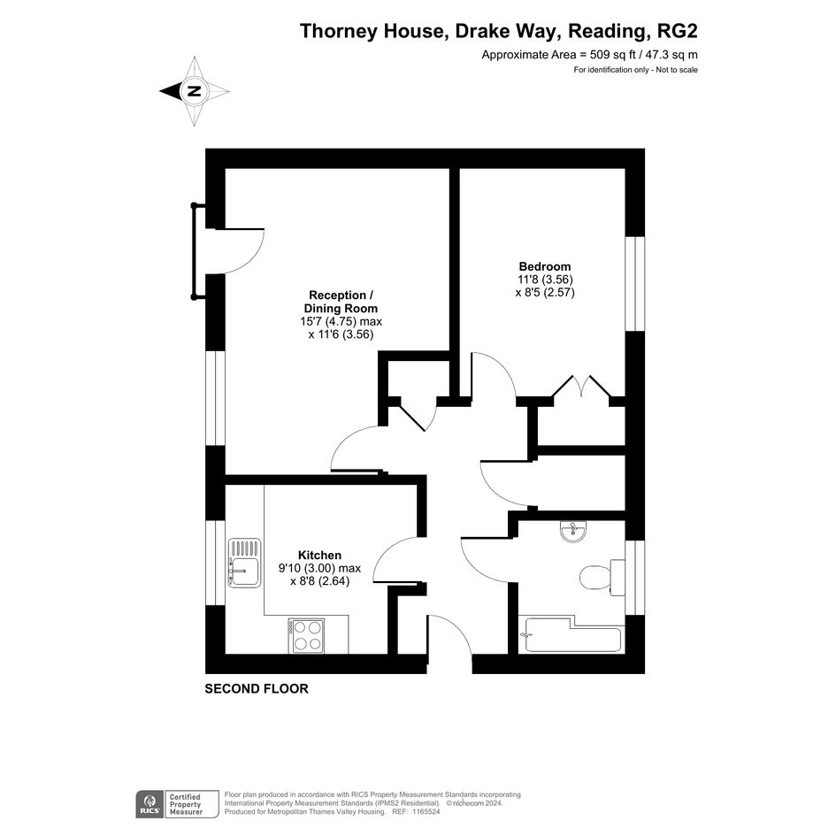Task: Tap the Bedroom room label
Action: pos(545,266)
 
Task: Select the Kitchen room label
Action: pos(319,555)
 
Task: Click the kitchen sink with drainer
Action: pos(245,563)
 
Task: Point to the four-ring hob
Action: pos(306,635)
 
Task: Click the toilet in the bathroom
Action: pos(602,578)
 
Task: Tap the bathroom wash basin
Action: pos(573,532)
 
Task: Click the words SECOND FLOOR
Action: pos(257,689)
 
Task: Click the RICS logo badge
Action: pos(150,804)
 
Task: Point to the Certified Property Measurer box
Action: pos(192,804)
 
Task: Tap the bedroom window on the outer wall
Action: pos(635,284)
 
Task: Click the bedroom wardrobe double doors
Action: pos(581,386)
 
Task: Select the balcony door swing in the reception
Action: pos(240,251)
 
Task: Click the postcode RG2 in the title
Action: pos(677,31)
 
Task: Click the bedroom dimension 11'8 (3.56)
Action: pos(545,280)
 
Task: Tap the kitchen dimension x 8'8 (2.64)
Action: pos(320,581)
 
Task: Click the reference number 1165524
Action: pos(424,811)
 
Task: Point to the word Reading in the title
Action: pos(607,32)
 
